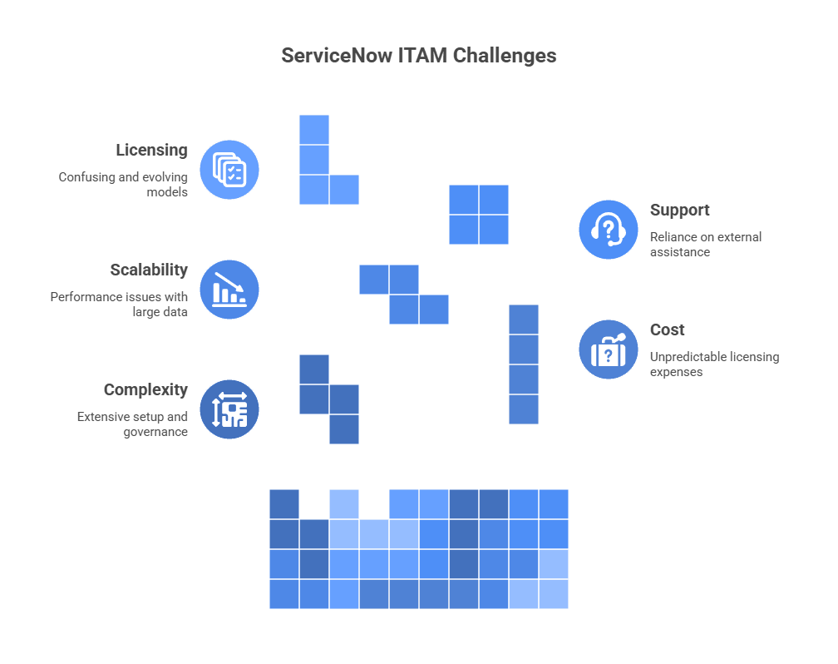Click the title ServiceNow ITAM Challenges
click(x=418, y=56)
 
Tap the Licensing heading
click(x=151, y=151)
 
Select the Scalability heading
click(x=149, y=270)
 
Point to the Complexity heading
click(x=145, y=390)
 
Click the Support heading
click(x=679, y=211)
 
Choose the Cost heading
click(x=667, y=330)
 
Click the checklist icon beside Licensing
click(x=229, y=170)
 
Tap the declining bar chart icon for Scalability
click(x=229, y=290)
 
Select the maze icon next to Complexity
click(x=229, y=409)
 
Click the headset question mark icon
click(x=609, y=230)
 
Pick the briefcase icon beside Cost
click(x=609, y=349)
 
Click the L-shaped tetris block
click(x=315, y=175)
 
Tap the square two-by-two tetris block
click(x=478, y=215)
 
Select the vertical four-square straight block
click(x=524, y=364)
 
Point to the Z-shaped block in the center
click(x=404, y=295)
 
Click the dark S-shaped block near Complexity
click(x=329, y=399)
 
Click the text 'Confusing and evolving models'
click(x=123, y=185)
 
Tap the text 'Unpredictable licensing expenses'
click(x=713, y=364)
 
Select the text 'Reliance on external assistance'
click(x=705, y=245)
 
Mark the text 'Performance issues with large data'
click(x=119, y=305)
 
